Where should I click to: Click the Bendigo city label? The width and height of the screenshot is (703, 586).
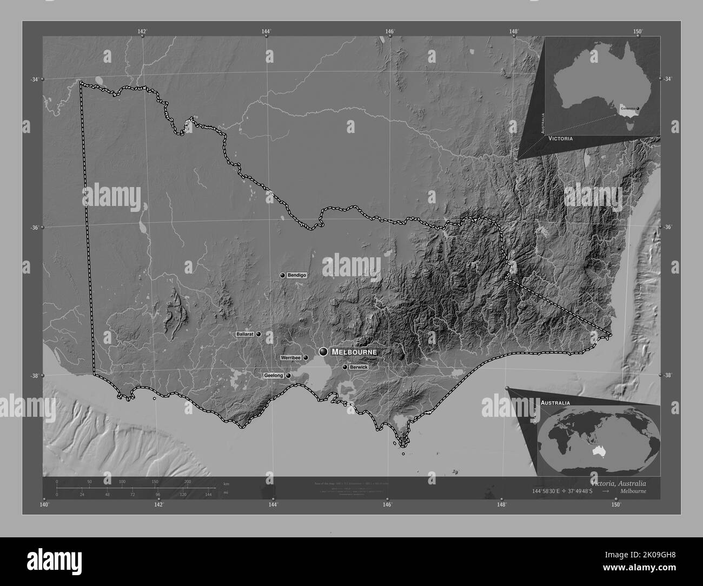point(297,275)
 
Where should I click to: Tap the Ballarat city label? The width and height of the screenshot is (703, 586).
point(245,335)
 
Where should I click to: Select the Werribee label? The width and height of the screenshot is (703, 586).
point(290,358)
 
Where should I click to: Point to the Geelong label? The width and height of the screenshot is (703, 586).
point(274,375)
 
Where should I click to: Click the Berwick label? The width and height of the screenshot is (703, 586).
point(359,367)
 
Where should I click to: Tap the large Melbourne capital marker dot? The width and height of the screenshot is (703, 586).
point(323,351)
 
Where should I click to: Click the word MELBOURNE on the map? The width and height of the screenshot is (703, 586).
point(354,352)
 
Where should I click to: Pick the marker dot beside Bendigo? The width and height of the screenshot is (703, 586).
point(282,275)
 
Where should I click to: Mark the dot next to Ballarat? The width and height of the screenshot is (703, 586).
point(258,335)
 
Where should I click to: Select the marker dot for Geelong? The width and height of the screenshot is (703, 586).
point(288,375)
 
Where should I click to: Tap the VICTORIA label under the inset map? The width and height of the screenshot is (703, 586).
point(561,138)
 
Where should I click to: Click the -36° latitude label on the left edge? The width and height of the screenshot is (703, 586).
point(35,228)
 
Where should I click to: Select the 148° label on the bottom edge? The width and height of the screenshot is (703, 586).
point(502,504)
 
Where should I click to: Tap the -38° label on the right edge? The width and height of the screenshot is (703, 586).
point(668,375)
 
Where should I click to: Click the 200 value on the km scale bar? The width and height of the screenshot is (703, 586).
point(188,481)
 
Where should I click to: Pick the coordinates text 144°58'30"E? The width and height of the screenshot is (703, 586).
point(552,491)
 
